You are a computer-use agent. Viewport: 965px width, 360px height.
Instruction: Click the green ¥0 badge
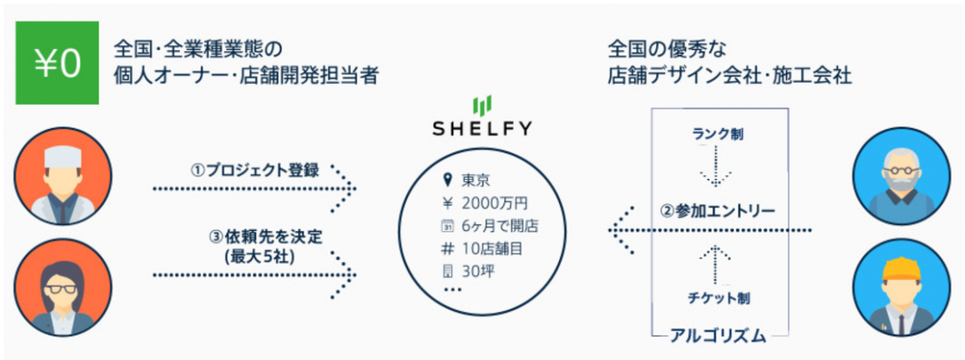[x=57, y=62]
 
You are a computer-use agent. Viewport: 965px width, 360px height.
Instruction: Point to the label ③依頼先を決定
[x=257, y=236]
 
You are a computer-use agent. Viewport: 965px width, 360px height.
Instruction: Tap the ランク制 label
[x=716, y=134]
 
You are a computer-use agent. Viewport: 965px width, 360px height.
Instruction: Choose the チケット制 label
[x=717, y=299]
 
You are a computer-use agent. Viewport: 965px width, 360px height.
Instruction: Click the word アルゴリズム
[x=717, y=335]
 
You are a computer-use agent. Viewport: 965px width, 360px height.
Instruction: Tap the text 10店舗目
[x=492, y=249]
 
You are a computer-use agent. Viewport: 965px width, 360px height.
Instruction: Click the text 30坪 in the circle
[x=479, y=270]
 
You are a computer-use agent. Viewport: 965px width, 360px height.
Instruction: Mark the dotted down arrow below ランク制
[x=717, y=166]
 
